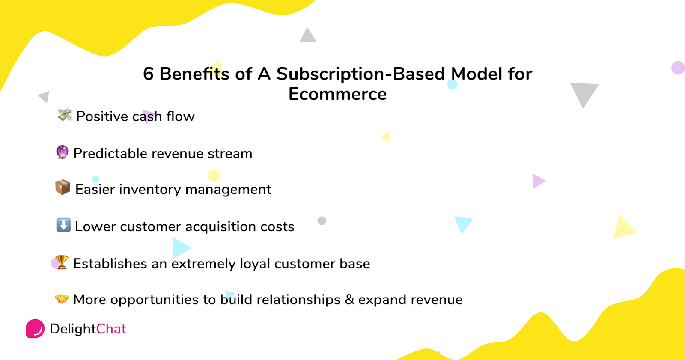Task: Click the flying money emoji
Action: point(65,115)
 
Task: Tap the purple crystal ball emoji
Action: point(62,152)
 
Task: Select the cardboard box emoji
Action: point(63,187)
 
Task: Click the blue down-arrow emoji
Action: point(64,225)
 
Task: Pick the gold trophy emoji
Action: point(62,262)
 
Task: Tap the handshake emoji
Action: point(62,298)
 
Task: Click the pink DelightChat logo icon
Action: point(35,328)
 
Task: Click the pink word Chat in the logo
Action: point(111,329)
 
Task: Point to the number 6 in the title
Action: point(148,74)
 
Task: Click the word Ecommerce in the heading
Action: point(338,94)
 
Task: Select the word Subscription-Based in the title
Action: point(360,74)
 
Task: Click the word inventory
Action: point(150,190)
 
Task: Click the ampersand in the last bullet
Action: point(349,300)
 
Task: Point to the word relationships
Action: point(298,300)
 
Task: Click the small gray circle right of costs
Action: point(322,220)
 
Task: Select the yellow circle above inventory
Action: point(214,176)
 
